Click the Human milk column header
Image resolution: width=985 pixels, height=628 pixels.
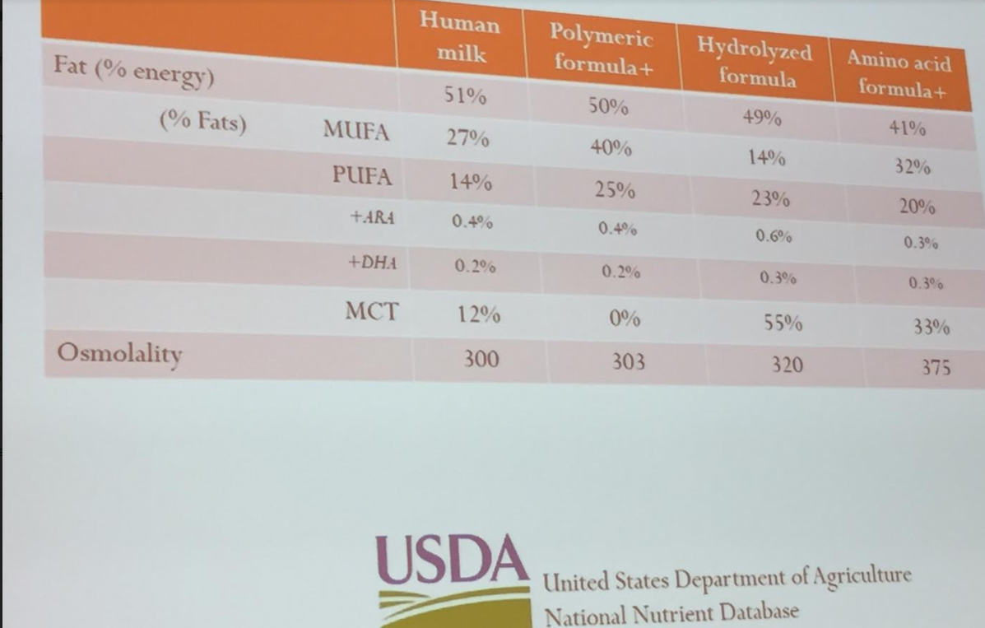pos(461,38)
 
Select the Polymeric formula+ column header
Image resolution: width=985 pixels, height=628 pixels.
pos(602,49)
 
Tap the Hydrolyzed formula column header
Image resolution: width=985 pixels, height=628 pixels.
pos(755,62)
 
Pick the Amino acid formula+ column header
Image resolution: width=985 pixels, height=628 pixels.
pos(899,73)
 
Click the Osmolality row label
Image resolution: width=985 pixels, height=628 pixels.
pos(119,354)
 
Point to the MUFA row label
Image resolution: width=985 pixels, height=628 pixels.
pos(356,131)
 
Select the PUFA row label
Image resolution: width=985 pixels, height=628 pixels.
pos(363,176)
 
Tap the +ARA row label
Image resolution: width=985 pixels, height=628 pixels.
pos(373,217)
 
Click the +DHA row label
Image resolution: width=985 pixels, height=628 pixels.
pos(373,263)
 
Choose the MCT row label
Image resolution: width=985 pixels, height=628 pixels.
pos(372,312)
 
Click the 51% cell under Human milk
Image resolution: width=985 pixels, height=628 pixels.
pos(464,96)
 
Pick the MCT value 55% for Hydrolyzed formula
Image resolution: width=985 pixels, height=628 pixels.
pos(783,323)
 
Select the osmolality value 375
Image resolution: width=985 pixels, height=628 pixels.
pos(936,367)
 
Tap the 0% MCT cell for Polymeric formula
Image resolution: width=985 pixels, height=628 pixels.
pos(625,319)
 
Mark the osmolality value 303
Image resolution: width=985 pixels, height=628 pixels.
pos(629,361)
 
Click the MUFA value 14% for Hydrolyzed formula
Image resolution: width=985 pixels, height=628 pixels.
pos(766,158)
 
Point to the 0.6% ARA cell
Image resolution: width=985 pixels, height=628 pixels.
pos(774,236)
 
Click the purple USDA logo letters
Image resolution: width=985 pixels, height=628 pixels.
pos(451,560)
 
